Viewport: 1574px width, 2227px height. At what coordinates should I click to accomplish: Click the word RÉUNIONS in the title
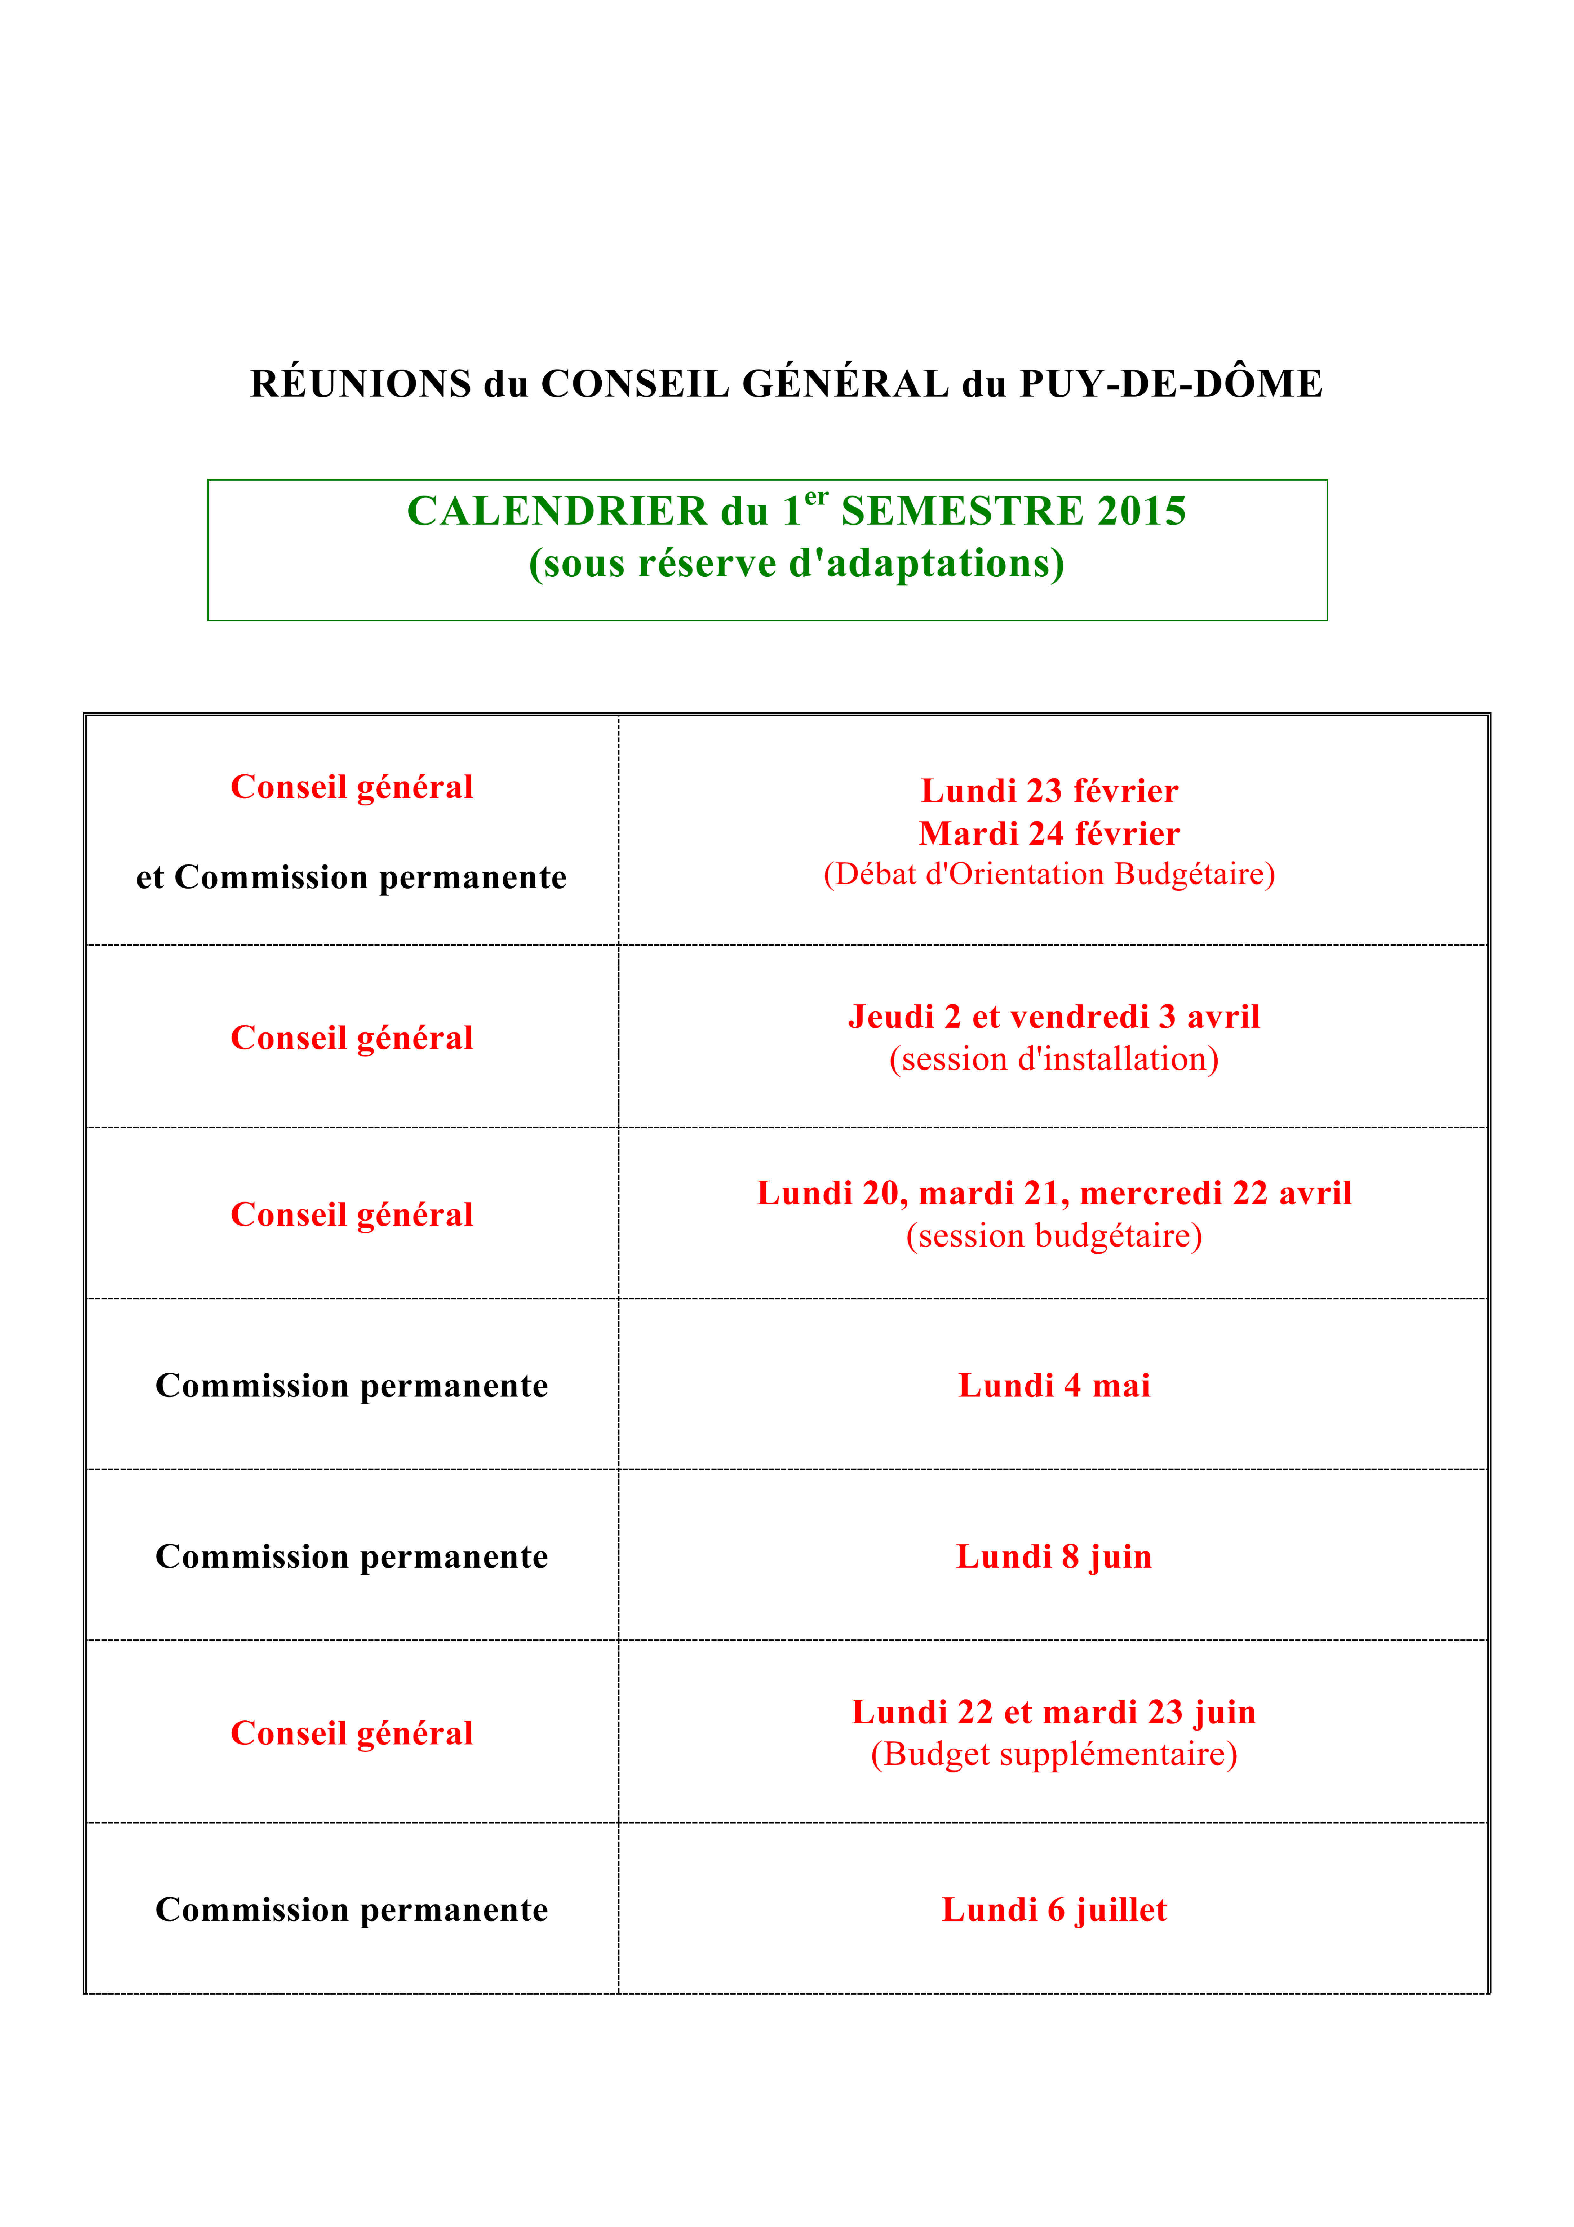pyautogui.click(x=361, y=384)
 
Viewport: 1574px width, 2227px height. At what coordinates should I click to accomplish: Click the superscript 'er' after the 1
pyautogui.click(x=817, y=497)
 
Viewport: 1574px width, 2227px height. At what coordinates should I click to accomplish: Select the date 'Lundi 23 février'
pyautogui.click(x=1049, y=790)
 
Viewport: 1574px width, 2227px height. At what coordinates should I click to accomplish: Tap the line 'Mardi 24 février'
pyautogui.click(x=1049, y=833)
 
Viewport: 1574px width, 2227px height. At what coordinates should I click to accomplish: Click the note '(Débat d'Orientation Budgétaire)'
pyautogui.click(x=1049, y=874)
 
